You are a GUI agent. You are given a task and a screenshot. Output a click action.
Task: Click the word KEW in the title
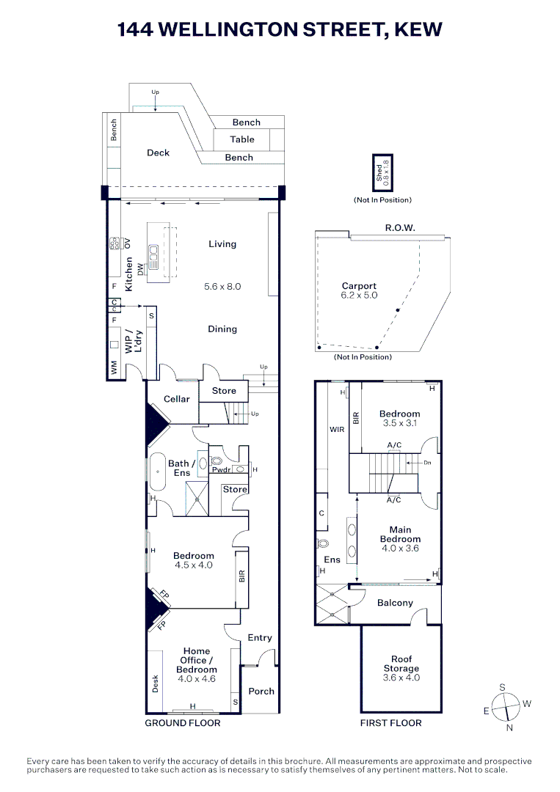click(419, 29)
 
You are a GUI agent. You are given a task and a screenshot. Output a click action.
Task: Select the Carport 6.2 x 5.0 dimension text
click(359, 296)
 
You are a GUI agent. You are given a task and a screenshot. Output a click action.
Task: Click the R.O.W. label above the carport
click(400, 228)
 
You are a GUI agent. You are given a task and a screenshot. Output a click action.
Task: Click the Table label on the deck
click(242, 139)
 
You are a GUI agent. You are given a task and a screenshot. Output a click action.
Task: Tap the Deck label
click(158, 153)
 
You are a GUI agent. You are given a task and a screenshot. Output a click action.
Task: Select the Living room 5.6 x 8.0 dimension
click(222, 287)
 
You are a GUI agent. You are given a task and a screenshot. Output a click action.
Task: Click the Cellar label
click(176, 399)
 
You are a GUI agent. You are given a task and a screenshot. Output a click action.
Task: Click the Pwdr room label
click(222, 469)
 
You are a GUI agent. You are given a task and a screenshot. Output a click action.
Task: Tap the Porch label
click(261, 691)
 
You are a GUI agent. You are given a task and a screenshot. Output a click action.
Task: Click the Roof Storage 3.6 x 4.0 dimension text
click(401, 678)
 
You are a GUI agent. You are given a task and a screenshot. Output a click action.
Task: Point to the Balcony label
click(395, 603)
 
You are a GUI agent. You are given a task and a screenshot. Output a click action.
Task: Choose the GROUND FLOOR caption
click(183, 723)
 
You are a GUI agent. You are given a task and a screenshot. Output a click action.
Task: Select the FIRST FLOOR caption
click(391, 723)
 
